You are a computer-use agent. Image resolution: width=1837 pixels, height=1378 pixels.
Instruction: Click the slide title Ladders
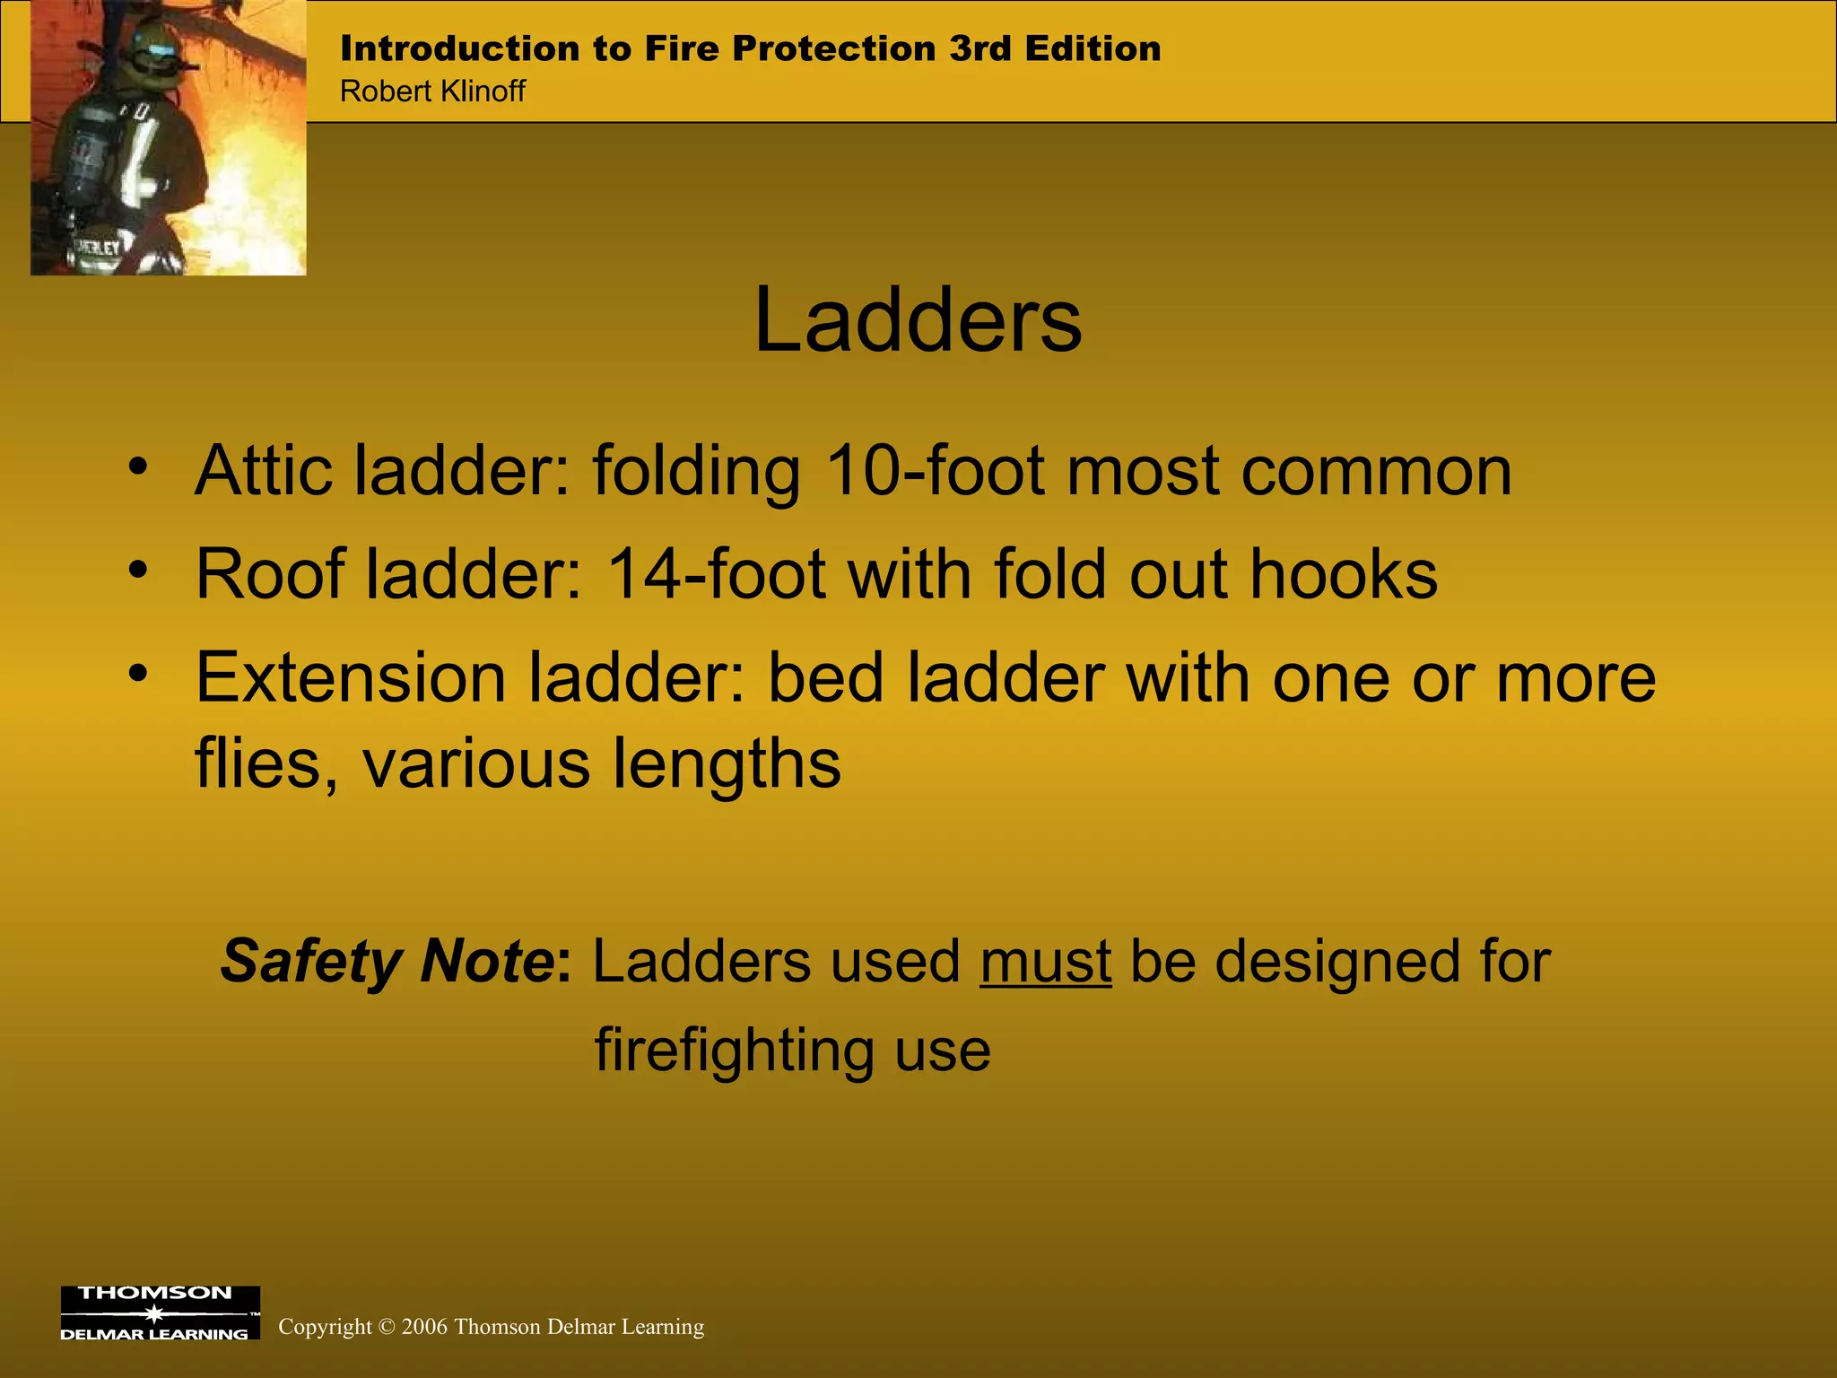918,321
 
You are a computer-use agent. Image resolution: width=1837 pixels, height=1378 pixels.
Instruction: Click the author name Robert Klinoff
432,92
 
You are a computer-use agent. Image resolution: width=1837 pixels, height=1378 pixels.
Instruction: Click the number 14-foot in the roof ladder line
716,575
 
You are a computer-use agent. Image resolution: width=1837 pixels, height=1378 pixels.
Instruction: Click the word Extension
351,678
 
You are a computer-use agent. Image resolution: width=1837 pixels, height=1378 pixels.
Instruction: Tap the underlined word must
1045,962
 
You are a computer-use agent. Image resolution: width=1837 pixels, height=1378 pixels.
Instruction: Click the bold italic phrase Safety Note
387,962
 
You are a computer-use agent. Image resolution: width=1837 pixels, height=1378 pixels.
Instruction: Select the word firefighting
731,1050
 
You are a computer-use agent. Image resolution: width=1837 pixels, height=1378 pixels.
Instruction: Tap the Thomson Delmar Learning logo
160,1313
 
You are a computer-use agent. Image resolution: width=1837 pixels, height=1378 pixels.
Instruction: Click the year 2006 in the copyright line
424,1327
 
